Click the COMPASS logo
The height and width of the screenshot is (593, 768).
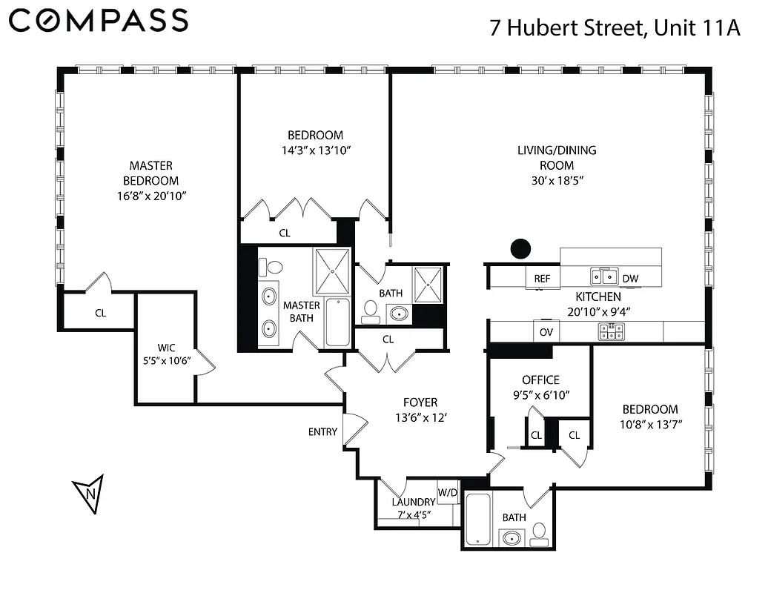coord(99,20)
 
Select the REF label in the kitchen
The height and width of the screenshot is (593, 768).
coord(542,279)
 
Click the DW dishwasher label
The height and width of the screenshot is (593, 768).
coord(629,279)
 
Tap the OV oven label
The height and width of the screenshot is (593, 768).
coord(546,332)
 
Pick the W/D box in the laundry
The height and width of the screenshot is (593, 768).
coord(447,491)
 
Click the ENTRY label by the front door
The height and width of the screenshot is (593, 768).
coord(322,432)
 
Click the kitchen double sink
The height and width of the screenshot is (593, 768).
coord(603,277)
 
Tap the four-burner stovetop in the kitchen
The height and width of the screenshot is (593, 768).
coord(612,331)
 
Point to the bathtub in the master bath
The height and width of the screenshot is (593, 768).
coord(337,322)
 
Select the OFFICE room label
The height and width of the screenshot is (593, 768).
coord(540,380)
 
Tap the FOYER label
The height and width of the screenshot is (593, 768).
coord(420,402)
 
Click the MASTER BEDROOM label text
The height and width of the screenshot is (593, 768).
coord(150,173)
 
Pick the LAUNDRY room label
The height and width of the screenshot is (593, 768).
coord(413,502)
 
